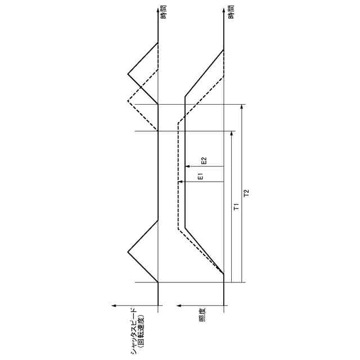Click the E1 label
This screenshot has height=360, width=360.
coord(200,177)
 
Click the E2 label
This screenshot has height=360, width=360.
coord(204,161)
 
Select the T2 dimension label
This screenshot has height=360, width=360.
coord(246,193)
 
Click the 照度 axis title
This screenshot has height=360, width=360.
coord(202,315)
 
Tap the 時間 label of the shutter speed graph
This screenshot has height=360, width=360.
coord(164,12)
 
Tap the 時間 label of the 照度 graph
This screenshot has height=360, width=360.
coord(231,12)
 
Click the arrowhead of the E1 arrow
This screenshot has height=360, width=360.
coord(180,182)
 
